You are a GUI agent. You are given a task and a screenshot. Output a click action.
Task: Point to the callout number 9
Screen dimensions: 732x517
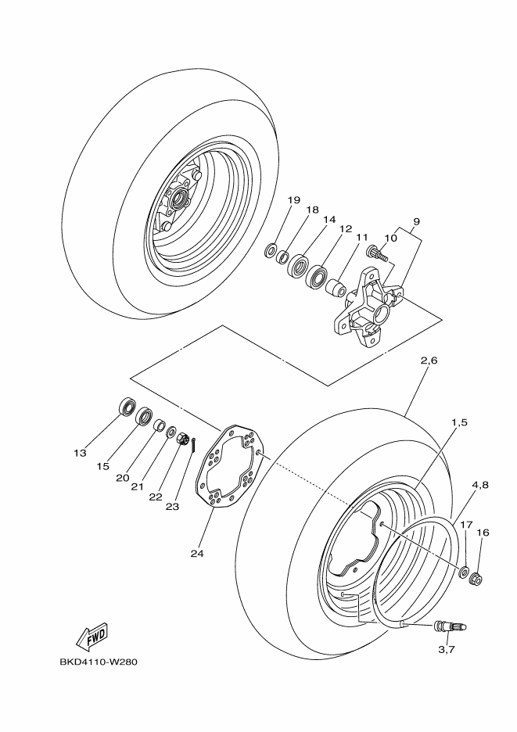pyautogui.click(x=415, y=221)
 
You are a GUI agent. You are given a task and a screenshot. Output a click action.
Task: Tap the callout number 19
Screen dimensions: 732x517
pyautogui.click(x=293, y=200)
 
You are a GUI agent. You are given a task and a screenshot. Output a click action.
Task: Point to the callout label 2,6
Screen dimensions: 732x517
pyautogui.click(x=429, y=361)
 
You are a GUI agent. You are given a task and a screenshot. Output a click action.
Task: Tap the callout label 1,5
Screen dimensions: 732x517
pyautogui.click(x=458, y=422)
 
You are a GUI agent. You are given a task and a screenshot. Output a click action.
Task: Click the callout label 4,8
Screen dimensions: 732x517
pyautogui.click(x=480, y=484)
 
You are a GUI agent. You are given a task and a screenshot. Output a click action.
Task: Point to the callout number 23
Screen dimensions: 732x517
pyautogui.click(x=172, y=506)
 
